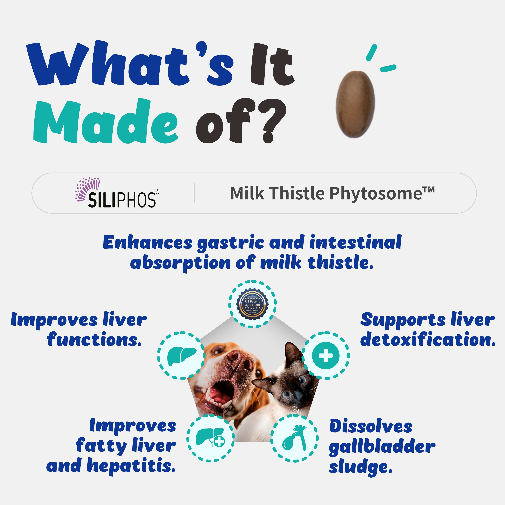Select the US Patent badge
[x=252, y=304]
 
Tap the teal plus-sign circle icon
[x=326, y=356]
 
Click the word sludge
[x=361, y=467]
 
